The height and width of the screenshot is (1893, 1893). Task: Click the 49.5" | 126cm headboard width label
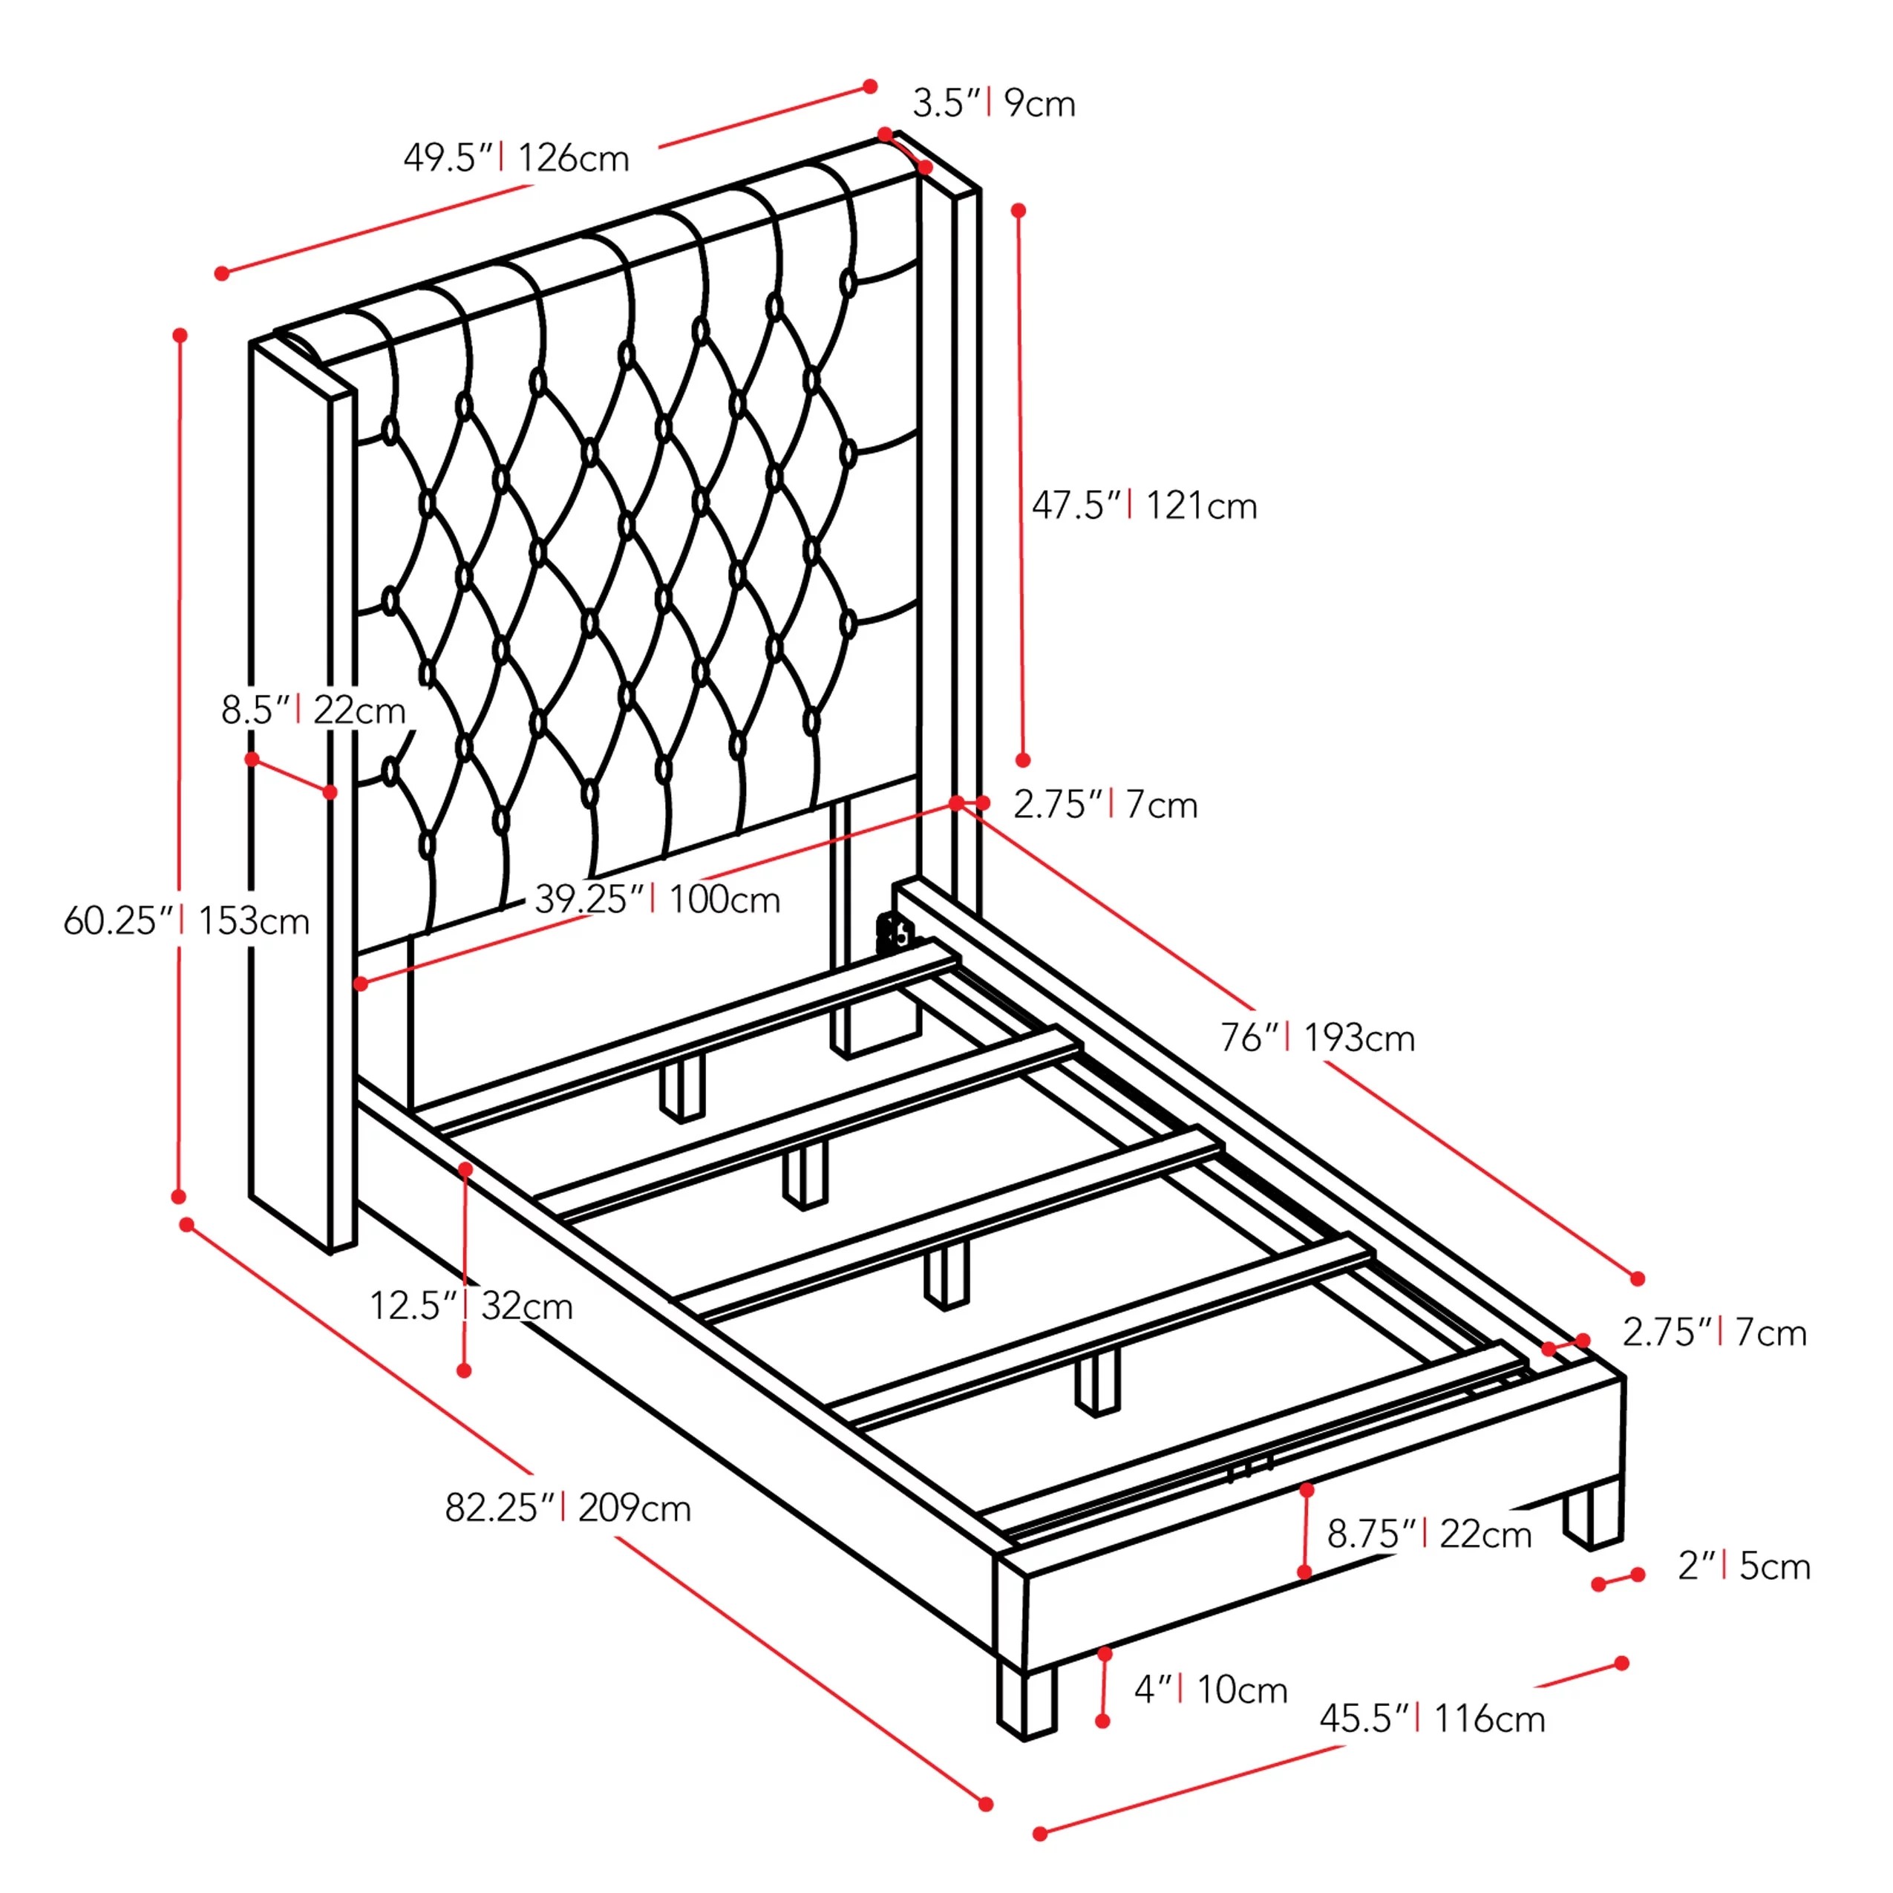coord(517,157)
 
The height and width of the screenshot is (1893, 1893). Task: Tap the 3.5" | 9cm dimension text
coord(993,103)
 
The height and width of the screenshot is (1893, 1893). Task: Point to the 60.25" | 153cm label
coord(186,920)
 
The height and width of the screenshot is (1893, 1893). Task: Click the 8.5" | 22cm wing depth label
coord(313,710)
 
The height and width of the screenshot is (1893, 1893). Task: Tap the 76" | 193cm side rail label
coord(1318,1036)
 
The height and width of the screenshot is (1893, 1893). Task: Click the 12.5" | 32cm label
coord(471,1305)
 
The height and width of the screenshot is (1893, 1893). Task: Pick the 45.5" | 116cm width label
coord(1433,1719)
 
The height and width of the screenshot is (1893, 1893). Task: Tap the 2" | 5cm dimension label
coord(1744,1566)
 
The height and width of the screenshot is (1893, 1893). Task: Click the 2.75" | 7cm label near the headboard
coord(1105,805)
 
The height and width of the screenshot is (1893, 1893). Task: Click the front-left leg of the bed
coord(1026,1702)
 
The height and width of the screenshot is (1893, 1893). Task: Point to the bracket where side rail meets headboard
coord(894,933)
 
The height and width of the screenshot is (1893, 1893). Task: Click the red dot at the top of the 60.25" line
coord(180,335)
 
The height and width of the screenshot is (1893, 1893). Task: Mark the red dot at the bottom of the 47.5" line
coord(1023,760)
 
